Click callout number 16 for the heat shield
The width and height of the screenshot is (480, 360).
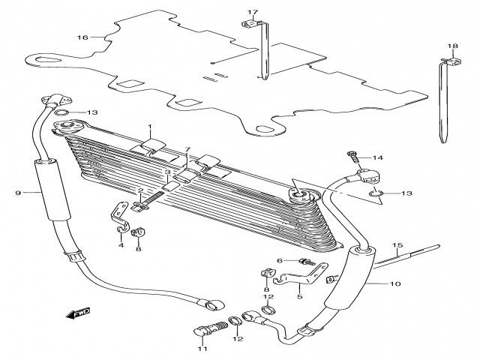click(82, 37)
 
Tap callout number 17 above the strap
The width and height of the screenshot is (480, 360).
click(253, 12)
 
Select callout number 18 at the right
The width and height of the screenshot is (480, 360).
click(453, 46)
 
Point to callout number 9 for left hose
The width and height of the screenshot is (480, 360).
click(16, 193)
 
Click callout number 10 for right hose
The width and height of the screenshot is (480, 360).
click(396, 284)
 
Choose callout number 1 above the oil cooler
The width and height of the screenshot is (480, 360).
click(149, 127)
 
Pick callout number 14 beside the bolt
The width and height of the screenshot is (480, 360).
click(188, 150)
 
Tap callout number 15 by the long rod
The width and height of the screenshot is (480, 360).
click(398, 245)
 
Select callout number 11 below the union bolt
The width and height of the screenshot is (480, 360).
click(200, 349)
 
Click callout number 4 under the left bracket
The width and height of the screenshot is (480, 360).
click(121, 245)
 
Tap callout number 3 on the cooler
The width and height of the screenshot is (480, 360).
click(167, 172)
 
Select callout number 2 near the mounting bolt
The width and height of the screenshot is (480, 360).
click(139, 190)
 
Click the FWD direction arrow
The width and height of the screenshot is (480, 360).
click(79, 313)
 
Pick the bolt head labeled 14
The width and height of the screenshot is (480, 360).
click(352, 157)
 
